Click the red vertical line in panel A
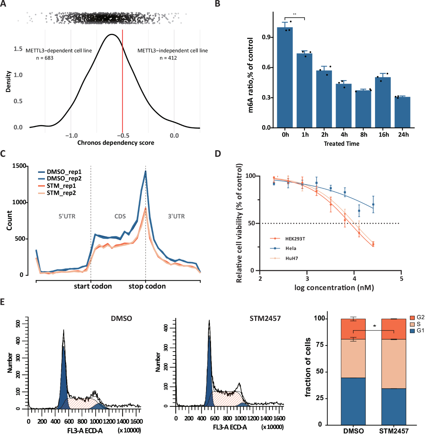[x=122, y=82]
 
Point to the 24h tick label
[x=403, y=135]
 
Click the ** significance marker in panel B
[x=295, y=14]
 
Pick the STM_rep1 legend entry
[x=61, y=186]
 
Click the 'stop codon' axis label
[x=147, y=286]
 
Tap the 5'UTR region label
[x=67, y=216]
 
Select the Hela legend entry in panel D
[x=290, y=248]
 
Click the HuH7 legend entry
[x=291, y=258]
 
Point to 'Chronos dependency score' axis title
[x=116, y=143]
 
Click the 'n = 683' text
[x=44, y=58]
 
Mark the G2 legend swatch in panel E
[x=412, y=317]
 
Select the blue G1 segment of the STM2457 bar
[x=393, y=406]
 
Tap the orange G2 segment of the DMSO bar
[x=353, y=329]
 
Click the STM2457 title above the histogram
[x=265, y=318]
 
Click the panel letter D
[x=217, y=154]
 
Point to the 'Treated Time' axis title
[x=341, y=144]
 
